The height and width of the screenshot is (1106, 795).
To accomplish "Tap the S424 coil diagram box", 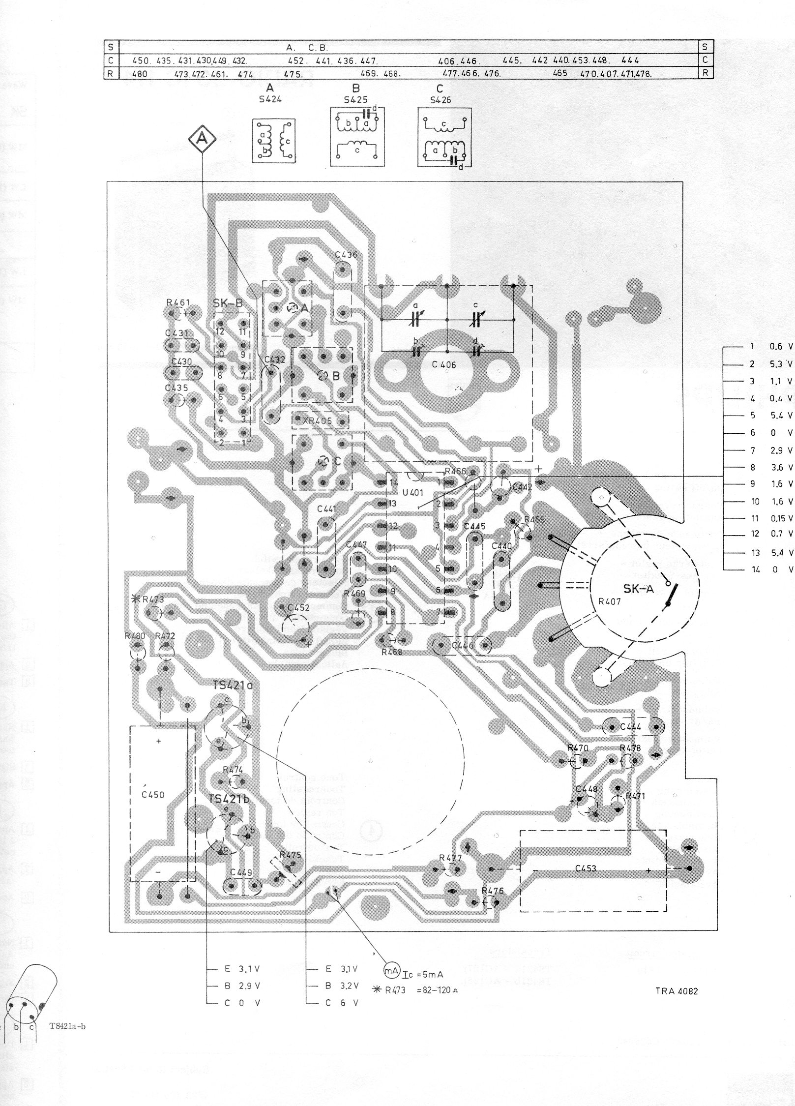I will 274,141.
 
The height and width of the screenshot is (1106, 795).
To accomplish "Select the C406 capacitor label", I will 443,365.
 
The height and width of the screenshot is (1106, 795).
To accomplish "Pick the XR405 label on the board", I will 317,421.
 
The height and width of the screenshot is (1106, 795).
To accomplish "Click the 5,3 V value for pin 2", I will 781,364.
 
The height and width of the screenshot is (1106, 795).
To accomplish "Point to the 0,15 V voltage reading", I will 781,518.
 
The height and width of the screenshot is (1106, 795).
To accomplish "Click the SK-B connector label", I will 228,303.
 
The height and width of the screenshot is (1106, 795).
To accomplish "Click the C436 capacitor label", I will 346,255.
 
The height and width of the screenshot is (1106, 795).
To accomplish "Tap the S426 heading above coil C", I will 440,100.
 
